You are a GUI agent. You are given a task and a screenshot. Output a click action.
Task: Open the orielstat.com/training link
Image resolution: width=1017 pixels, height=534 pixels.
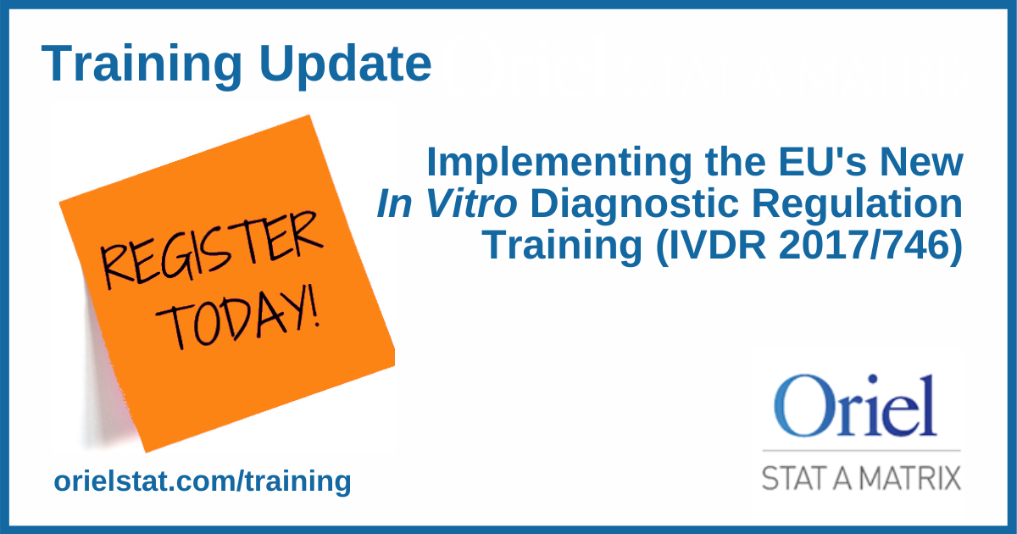pyautogui.click(x=202, y=481)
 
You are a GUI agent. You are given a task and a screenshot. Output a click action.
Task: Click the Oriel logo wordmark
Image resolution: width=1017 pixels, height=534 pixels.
pyautogui.click(x=858, y=405)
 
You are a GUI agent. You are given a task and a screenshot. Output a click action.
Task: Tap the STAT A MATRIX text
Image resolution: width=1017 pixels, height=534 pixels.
pyautogui.click(x=861, y=476)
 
